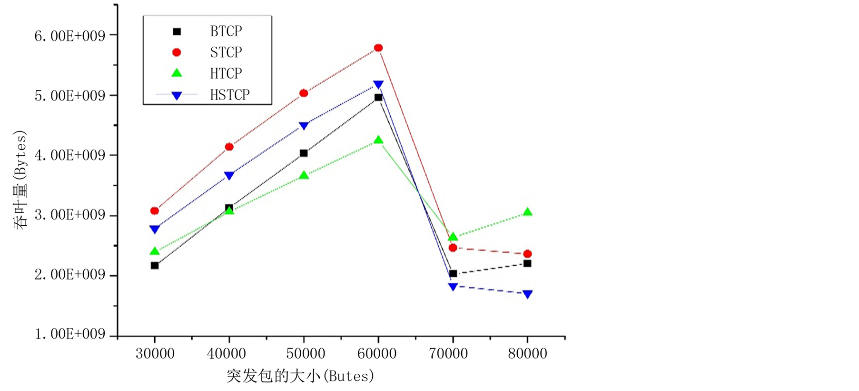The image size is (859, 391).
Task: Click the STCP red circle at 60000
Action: coord(378,48)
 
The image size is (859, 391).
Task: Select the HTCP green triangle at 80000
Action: coord(527,212)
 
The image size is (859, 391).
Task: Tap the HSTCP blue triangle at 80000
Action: coord(527,294)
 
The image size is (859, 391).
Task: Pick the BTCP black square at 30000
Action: coord(155,265)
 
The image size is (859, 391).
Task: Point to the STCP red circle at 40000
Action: coord(229,147)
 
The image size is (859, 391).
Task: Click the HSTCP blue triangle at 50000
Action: coord(304,126)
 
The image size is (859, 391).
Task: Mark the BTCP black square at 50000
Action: coord(304,153)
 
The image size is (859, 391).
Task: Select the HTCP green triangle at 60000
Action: coord(378,140)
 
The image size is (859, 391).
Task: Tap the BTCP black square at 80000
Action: coord(527,263)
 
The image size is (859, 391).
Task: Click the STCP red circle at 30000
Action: coord(155,211)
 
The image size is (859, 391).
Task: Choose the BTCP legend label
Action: coord(226,31)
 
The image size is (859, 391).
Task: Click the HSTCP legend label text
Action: coord(230,95)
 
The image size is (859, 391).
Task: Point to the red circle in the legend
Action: coord(177,52)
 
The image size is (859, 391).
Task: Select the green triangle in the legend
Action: coord(177,73)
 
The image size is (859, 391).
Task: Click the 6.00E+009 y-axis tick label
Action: coord(69,36)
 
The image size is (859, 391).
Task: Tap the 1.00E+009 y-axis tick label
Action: coord(69,334)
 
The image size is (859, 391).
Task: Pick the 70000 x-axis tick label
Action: coord(448,353)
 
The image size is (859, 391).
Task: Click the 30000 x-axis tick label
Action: coord(155,353)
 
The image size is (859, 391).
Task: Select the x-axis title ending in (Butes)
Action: coord(300,376)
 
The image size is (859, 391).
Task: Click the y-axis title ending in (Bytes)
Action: coord(20,180)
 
